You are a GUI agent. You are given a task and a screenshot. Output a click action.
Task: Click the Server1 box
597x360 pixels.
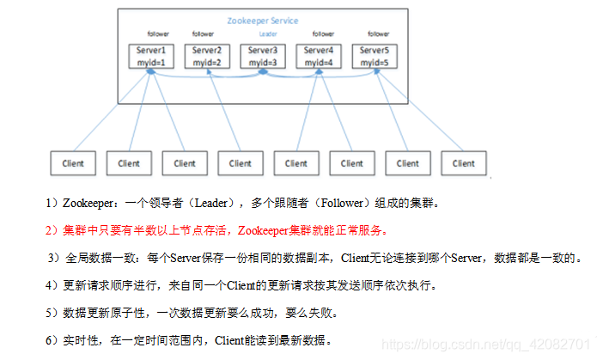[x=150, y=57]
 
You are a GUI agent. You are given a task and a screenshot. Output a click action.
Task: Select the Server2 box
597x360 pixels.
[x=206, y=57]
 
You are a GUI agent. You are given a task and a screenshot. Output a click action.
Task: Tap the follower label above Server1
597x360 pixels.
[x=158, y=34]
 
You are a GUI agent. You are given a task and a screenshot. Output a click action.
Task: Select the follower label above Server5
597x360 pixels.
[x=379, y=34]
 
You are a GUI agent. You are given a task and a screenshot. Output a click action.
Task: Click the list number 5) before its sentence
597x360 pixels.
[x=52, y=312]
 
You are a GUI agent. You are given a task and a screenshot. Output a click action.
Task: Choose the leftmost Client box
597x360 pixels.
[x=72, y=162]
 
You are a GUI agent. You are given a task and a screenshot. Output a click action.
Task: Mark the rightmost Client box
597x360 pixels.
[x=463, y=162]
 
